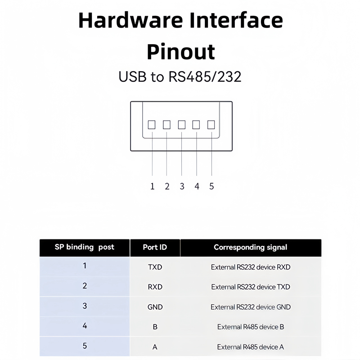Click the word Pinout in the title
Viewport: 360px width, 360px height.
coord(180,52)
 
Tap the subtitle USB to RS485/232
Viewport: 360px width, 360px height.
coord(180,76)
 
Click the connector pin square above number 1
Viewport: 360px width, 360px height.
coord(152,125)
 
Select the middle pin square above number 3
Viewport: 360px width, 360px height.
coord(182,125)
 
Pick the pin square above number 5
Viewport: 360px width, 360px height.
coord(211,125)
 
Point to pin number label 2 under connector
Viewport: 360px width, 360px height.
coord(167,186)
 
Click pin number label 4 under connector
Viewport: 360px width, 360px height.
coord(197,186)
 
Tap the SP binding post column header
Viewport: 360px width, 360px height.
coord(85,247)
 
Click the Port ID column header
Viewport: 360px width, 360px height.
coord(155,247)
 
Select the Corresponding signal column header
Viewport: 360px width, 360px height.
coord(250,247)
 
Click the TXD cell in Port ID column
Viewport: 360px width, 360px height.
coord(155,267)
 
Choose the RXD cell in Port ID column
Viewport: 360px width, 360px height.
coord(155,287)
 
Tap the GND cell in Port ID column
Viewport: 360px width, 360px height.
coord(155,307)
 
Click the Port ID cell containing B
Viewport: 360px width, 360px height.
coord(155,327)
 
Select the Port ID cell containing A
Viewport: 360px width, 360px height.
coord(155,347)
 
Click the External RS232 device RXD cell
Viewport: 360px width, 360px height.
coord(251,267)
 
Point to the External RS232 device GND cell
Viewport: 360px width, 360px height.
coord(251,307)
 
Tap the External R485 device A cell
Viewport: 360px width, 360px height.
coord(251,347)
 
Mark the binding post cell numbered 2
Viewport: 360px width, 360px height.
coord(85,286)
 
